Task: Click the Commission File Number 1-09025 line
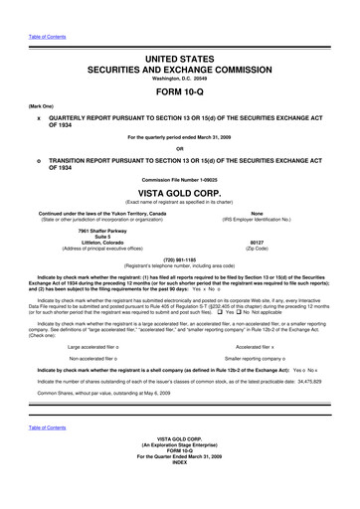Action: point(180,179)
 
